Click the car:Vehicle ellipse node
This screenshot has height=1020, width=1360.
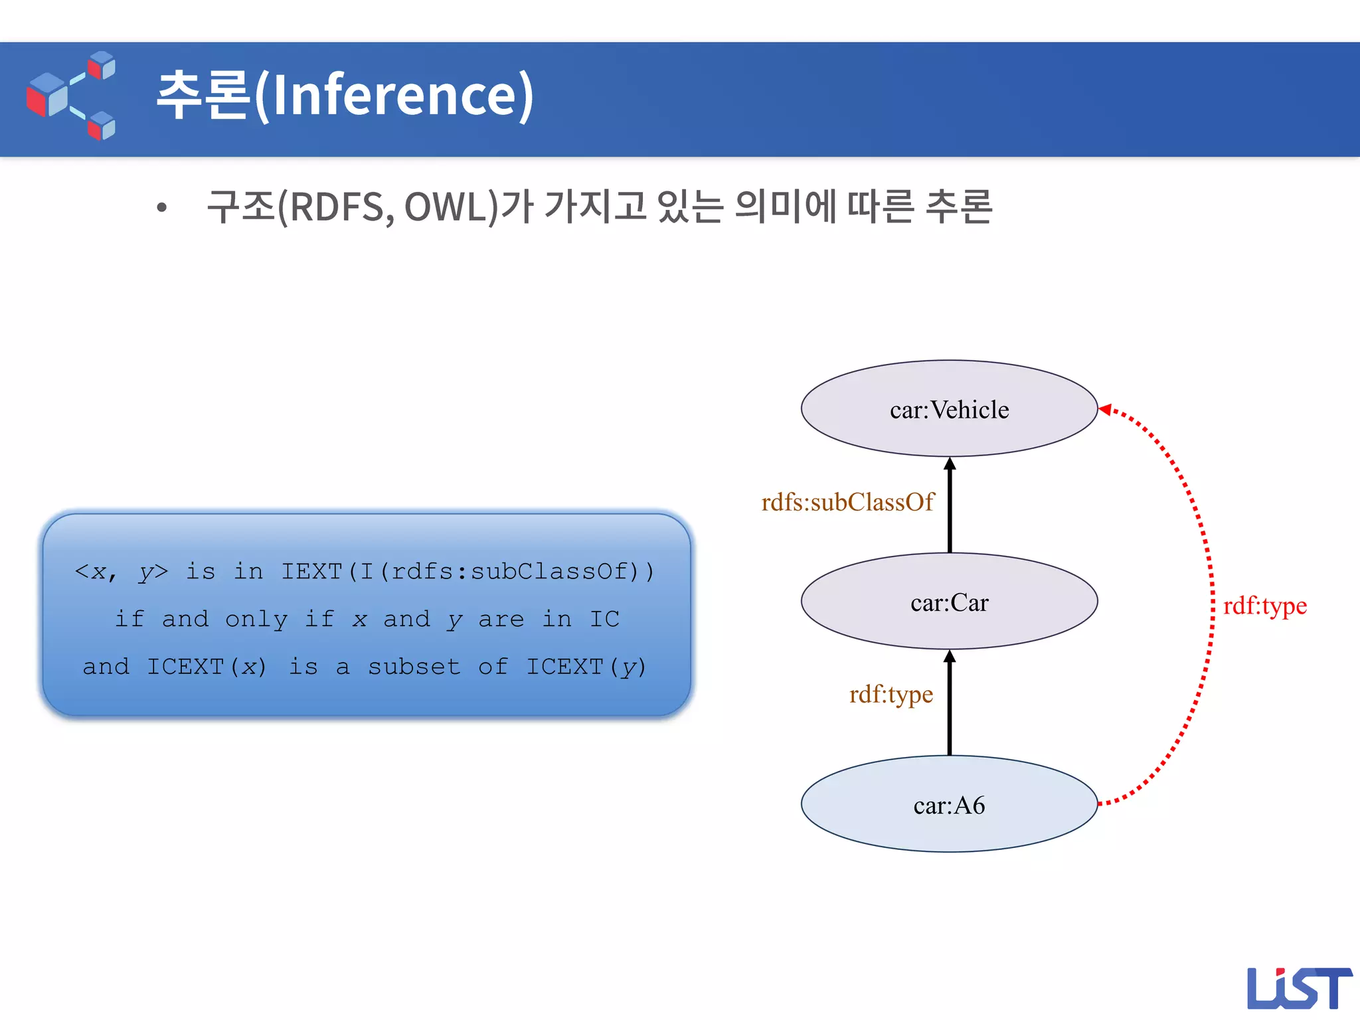[x=949, y=409]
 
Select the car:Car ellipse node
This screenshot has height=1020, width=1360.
[x=949, y=602]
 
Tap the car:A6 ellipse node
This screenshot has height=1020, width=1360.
[x=949, y=804]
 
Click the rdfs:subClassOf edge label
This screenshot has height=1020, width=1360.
[x=847, y=502]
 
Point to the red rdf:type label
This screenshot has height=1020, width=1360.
[x=1264, y=606]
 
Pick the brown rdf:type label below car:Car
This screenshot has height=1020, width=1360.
[x=891, y=694]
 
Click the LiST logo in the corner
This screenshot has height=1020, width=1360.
[x=1298, y=988]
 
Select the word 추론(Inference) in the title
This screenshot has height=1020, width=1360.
[x=345, y=95]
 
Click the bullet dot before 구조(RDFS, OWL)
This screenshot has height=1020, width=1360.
[x=161, y=208]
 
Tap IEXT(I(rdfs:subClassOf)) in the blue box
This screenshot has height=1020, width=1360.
[x=467, y=571]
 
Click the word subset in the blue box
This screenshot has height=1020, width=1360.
[x=414, y=666]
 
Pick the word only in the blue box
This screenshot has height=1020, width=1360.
[x=256, y=619]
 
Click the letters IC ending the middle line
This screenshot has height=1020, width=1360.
[x=604, y=619]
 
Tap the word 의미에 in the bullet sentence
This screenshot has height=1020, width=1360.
[x=786, y=207]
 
